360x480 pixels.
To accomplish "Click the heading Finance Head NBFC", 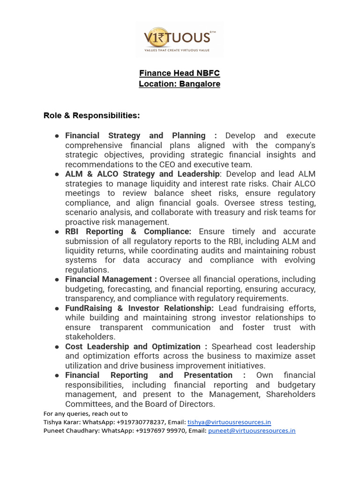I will click(x=180, y=73).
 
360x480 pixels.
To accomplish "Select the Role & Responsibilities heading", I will click(x=92, y=115).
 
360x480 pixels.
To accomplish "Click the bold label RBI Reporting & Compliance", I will click(x=128, y=232).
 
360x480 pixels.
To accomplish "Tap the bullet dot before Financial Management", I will click(x=57, y=280).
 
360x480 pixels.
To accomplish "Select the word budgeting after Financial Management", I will click(x=86, y=289).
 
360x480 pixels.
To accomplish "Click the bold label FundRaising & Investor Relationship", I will click(x=139, y=308).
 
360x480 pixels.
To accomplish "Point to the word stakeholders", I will click(x=90, y=337).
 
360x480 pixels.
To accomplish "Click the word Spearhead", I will click(x=232, y=346).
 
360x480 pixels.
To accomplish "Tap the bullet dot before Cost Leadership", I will click(x=57, y=347).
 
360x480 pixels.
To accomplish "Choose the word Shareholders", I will click(x=291, y=394).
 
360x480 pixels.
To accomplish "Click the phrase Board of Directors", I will click(x=179, y=404).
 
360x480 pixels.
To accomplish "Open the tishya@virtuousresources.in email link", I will click(x=229, y=422).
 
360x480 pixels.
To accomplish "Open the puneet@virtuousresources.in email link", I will click(x=252, y=431).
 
